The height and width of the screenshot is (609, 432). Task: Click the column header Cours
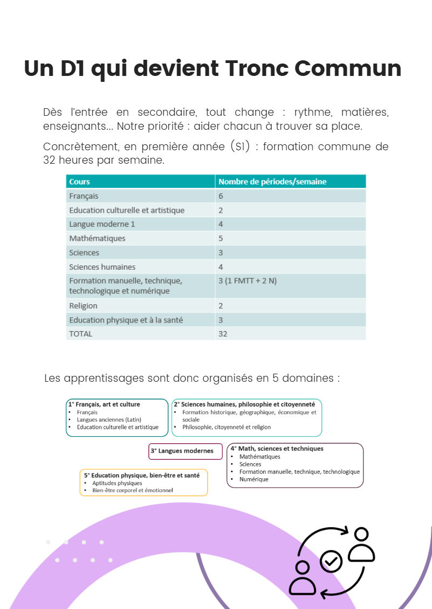tap(79, 181)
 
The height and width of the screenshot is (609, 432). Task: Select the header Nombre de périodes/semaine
tap(272, 181)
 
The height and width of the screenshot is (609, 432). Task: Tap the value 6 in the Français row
tap(221, 196)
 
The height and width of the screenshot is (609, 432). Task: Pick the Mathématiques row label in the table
tap(97, 238)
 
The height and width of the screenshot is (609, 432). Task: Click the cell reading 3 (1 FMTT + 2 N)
tap(247, 281)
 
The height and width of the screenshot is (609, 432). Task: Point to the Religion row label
tap(83, 305)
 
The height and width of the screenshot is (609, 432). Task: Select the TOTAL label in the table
tap(80, 333)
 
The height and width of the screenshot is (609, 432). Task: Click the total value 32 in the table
tap(223, 333)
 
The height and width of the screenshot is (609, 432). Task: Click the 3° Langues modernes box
tap(186, 451)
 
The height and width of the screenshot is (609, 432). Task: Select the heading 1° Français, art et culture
tap(104, 404)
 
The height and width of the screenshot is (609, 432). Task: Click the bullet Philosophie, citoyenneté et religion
tap(227, 427)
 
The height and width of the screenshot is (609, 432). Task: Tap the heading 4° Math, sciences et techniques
tap(277, 449)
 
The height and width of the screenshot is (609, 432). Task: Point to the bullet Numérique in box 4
tap(253, 479)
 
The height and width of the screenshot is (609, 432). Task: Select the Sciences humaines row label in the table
tap(102, 267)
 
